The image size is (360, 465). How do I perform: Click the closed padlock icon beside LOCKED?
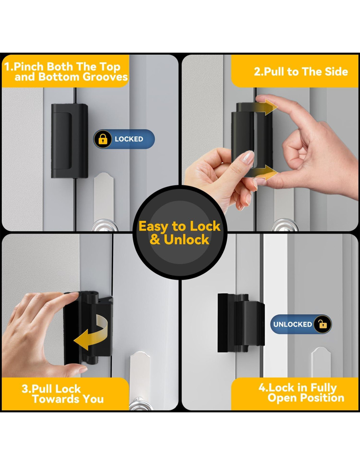coord(103,139)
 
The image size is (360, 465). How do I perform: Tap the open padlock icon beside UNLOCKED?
coord(323,324)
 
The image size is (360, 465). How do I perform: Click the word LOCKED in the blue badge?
coord(129,139)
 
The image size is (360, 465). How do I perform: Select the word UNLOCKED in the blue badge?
coord(293,324)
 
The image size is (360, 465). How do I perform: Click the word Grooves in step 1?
coord(105,77)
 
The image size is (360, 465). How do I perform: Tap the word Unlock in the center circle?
coord(187,239)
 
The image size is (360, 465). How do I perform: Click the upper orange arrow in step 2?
coord(265,107)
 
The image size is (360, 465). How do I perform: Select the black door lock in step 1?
coord(70,141)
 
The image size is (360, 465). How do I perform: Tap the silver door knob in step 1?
coord(104,225)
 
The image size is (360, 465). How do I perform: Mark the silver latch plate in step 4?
coord(321,362)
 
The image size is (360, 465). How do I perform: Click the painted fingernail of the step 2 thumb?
coord(248,157)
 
